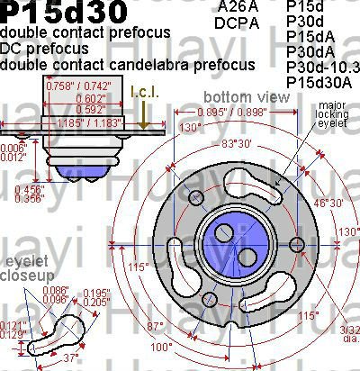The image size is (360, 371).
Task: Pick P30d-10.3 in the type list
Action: [x=321, y=67]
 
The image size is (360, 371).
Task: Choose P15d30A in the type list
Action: [x=315, y=82]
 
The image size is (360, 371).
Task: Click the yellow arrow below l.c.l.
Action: [x=144, y=118]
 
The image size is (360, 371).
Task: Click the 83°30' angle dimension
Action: [x=244, y=144]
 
